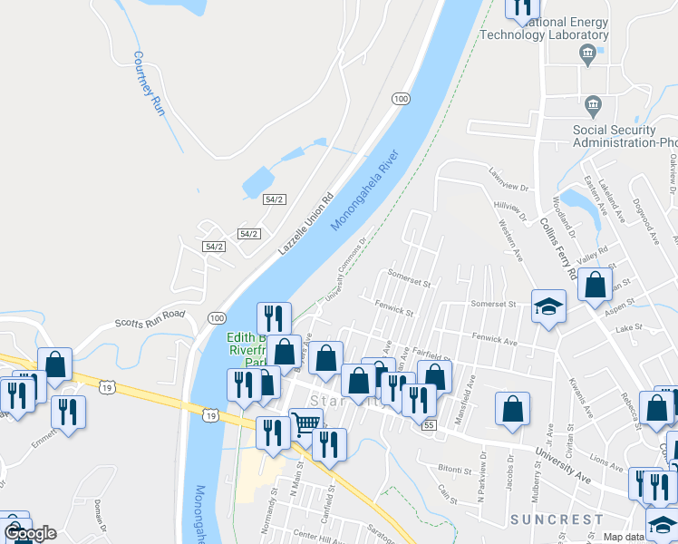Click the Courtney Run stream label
[x=148, y=83]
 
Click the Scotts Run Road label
[x=150, y=319]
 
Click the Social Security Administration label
[x=625, y=136]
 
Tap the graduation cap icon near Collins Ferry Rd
[x=548, y=306]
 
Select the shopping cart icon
[x=305, y=423]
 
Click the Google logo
[x=29, y=532]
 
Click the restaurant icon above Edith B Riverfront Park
[x=274, y=318]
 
